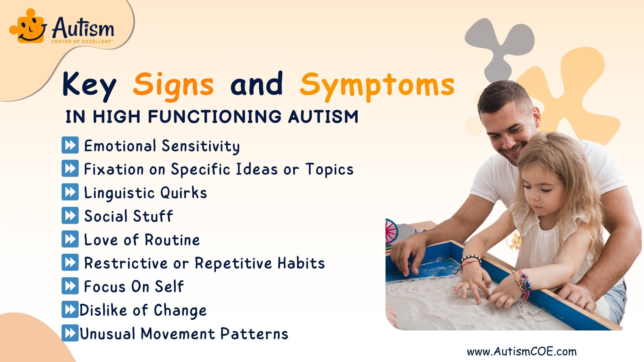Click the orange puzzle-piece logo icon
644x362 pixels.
pyautogui.click(x=28, y=26)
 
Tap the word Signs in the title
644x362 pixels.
pyautogui.click(x=173, y=85)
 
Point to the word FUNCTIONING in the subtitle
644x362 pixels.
pyautogui.click(x=214, y=117)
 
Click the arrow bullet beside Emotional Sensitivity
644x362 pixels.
pyautogui.click(x=70, y=145)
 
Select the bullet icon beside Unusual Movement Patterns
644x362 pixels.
pyautogui.click(x=70, y=333)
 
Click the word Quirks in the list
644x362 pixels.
pyautogui.click(x=184, y=192)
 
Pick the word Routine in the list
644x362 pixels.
pyautogui.click(x=172, y=240)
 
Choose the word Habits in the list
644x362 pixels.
pyautogui.click(x=301, y=263)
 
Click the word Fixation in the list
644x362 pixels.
pyautogui.click(x=114, y=169)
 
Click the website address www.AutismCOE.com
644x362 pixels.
pyautogui.click(x=522, y=351)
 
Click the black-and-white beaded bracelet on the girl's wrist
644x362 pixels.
pyautogui.click(x=471, y=259)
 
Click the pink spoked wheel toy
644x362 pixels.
pyautogui.click(x=391, y=232)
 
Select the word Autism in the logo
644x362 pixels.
pyautogui.click(x=83, y=28)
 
